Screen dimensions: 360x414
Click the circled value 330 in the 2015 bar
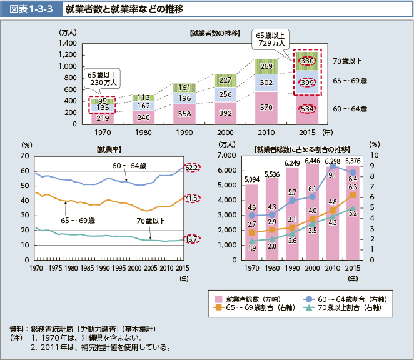tap(307, 60)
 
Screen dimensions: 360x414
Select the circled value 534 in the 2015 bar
tap(307, 109)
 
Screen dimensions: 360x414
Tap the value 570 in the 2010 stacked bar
tap(266, 107)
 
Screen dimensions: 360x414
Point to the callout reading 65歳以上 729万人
tap(270, 39)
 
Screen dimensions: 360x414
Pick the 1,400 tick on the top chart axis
tap(66, 43)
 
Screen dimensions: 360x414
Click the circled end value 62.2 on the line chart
tap(191, 167)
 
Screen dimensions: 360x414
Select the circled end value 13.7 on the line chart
tap(191, 239)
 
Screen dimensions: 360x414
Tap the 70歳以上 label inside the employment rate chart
tap(150, 220)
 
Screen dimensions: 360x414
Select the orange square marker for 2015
tap(353, 195)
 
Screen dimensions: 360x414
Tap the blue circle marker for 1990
tap(291, 201)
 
